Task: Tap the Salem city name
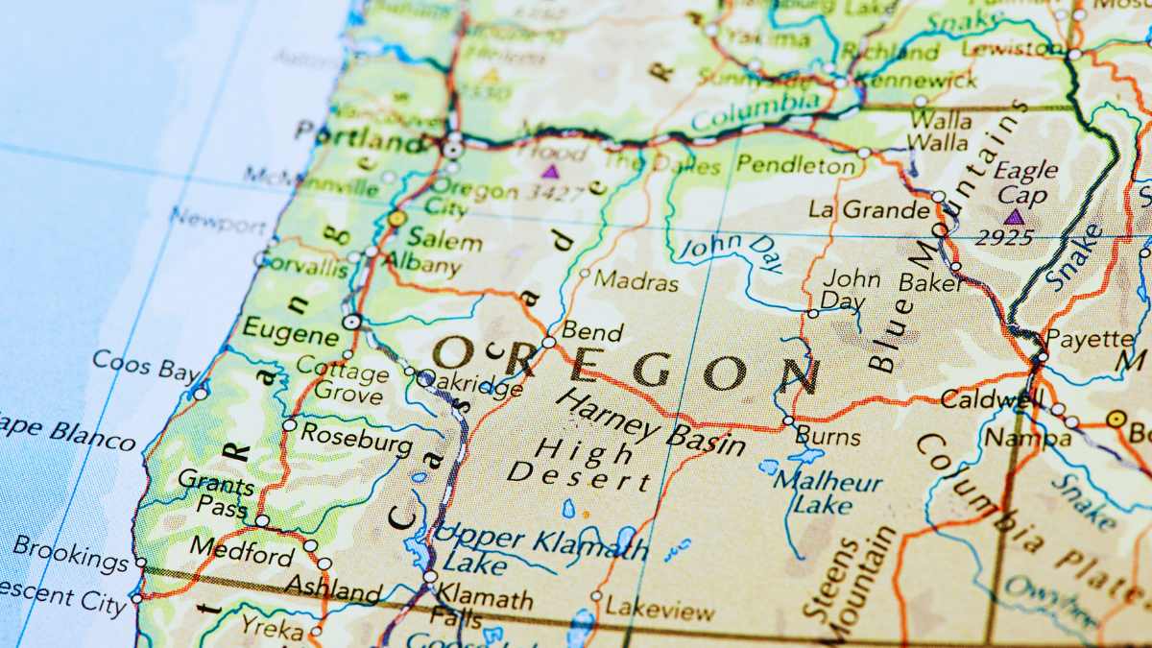pos(444,239)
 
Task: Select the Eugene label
pos(291,332)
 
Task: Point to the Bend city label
pos(592,332)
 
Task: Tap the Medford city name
pos(242,552)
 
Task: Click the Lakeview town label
pos(660,609)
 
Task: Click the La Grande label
pos(869,208)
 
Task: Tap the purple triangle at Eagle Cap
pos(1014,217)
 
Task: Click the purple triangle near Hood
pos(550,172)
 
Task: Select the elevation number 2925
pos(1004,238)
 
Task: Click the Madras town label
pos(636,282)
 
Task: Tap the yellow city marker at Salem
pos(396,219)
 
